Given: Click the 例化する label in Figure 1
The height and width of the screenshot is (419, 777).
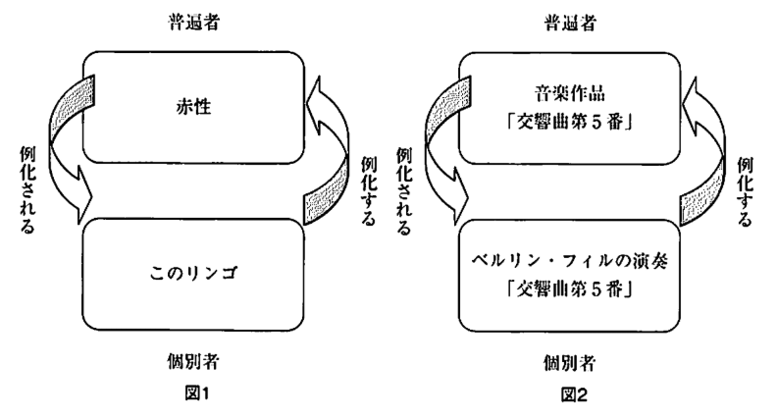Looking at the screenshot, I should coord(369,186).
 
